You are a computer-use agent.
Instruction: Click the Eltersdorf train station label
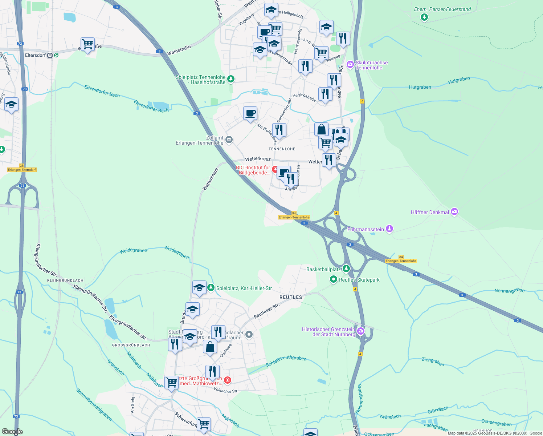click(36, 56)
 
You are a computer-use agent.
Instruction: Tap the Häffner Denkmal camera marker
click(454, 212)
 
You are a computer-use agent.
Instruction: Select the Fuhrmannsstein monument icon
click(389, 229)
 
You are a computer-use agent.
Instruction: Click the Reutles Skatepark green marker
click(334, 279)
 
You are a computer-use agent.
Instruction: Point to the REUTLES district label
click(291, 297)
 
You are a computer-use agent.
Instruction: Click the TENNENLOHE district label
click(282, 149)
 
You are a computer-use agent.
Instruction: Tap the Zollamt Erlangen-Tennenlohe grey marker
click(229, 140)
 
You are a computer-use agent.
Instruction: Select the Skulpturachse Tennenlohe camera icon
click(350, 65)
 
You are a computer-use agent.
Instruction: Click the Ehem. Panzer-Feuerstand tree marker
click(424, 17)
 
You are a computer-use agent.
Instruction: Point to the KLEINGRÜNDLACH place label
click(65, 280)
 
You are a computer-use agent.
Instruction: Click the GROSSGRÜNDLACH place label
click(131, 345)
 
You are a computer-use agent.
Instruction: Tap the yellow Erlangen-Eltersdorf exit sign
click(22, 170)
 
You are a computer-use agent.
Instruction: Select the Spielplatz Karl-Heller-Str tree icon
click(211, 288)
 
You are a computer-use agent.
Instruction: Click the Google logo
click(12, 432)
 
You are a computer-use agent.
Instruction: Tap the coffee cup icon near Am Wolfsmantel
click(250, 113)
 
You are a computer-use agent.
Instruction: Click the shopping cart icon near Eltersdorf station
click(87, 44)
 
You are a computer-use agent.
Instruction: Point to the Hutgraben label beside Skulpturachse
click(420, 87)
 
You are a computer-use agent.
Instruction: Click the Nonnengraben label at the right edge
click(510, 291)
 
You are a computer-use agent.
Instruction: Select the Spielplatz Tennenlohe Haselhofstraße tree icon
click(231, 79)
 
